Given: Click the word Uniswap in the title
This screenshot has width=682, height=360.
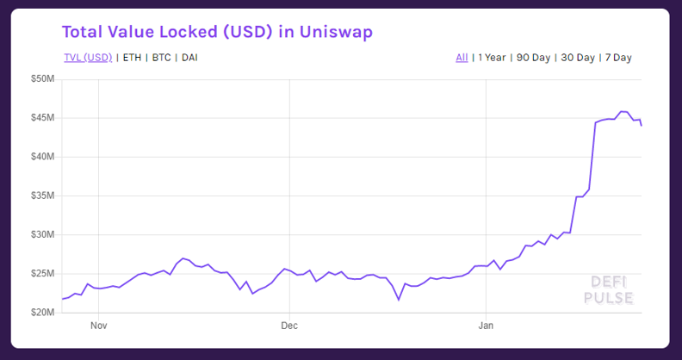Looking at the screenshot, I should click(x=335, y=32).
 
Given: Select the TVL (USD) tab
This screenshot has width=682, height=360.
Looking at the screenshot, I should click(x=88, y=58).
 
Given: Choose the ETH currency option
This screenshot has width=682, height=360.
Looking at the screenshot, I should click(x=133, y=58).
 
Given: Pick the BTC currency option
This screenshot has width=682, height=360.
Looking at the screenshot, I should click(x=161, y=58).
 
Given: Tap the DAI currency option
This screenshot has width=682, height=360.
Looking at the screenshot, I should click(x=190, y=58).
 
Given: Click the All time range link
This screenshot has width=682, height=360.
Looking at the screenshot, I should click(x=462, y=58).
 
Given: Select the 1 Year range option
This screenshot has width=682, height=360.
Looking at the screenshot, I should click(x=491, y=58).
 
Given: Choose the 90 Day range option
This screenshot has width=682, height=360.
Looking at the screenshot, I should click(x=533, y=58).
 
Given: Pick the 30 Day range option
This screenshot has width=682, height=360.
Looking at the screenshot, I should click(x=578, y=58).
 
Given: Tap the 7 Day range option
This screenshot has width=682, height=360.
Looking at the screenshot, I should click(x=618, y=58).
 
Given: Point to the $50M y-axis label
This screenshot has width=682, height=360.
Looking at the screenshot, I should click(x=42, y=78).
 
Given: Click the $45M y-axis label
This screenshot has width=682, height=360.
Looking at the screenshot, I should click(x=42, y=118).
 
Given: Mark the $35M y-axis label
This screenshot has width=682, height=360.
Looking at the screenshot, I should click(x=42, y=196).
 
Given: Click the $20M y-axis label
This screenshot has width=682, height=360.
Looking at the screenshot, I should click(x=42, y=313).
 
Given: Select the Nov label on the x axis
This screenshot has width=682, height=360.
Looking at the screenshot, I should click(x=98, y=326).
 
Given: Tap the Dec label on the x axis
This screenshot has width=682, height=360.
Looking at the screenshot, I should click(x=289, y=326).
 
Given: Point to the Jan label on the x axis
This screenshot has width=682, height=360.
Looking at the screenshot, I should click(x=486, y=326).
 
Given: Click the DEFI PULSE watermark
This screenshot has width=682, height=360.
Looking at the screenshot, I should click(x=611, y=290).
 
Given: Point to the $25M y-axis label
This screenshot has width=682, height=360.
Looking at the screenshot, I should click(x=42, y=274).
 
